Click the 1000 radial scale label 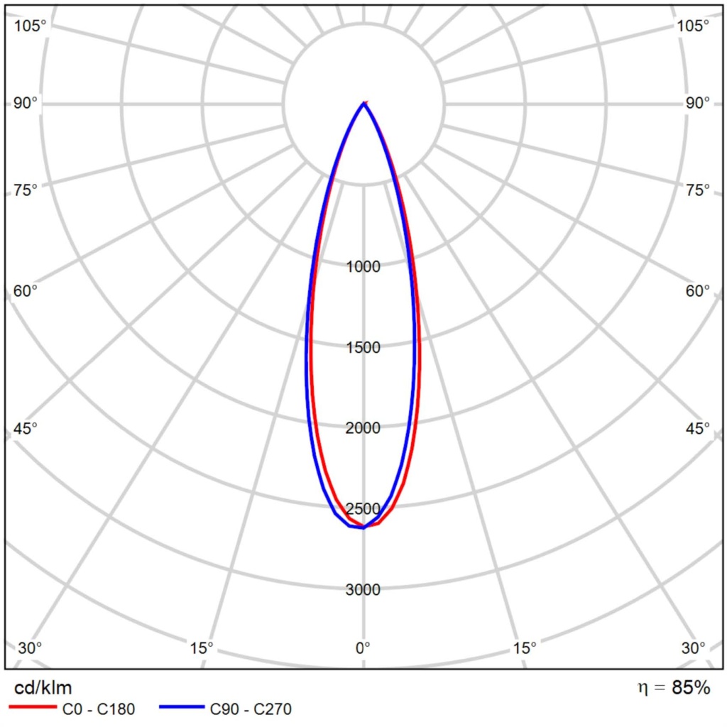click(x=363, y=267)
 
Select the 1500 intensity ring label click(x=363, y=347)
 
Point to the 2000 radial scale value click(x=363, y=428)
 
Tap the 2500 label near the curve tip click(x=363, y=509)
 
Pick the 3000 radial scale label click(x=363, y=589)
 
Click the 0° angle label click(x=363, y=647)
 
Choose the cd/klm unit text click(x=43, y=688)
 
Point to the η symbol click(x=643, y=688)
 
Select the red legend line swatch click(x=32, y=708)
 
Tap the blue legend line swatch click(x=182, y=708)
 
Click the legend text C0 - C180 click(x=99, y=709)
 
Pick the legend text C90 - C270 click(x=251, y=709)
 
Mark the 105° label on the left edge click(x=30, y=26)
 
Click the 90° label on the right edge click(x=698, y=104)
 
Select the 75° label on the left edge click(x=26, y=190)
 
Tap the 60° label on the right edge click(x=698, y=291)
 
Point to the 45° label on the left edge click(x=26, y=429)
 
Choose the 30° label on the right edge click(x=694, y=647)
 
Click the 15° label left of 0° click(x=202, y=647)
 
